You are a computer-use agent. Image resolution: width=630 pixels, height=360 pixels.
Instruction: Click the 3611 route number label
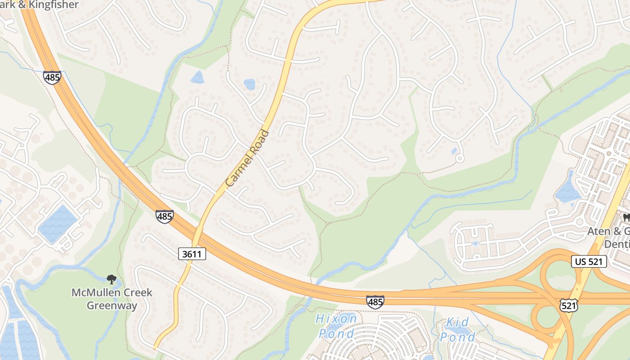192,254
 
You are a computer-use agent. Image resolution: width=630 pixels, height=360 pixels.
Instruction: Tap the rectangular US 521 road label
589,261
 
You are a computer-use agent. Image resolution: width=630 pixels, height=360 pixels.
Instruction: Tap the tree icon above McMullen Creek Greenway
111,279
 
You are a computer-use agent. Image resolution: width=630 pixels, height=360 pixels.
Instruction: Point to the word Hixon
336,319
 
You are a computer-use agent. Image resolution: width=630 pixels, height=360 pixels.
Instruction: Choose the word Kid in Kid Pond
457,322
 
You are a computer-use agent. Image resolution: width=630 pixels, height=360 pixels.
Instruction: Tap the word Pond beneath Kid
457,337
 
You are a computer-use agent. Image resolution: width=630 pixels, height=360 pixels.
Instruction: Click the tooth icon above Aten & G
625,218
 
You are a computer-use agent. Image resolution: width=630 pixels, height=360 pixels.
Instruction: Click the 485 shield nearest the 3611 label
164,216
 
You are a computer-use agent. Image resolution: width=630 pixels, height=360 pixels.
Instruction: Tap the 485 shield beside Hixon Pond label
375,301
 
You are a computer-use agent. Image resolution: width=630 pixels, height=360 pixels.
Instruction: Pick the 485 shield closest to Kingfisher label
52,77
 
